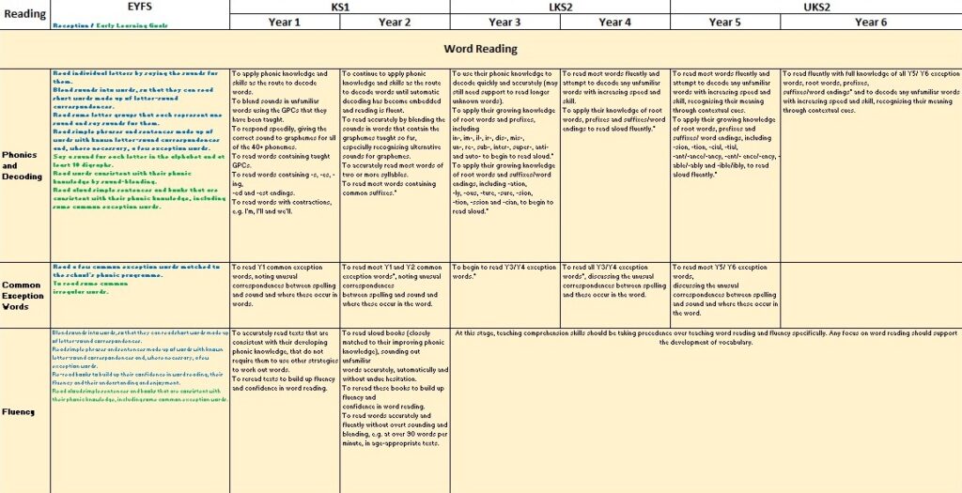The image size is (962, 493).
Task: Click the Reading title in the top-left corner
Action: click(24, 14)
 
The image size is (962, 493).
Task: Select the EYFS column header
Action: click(139, 7)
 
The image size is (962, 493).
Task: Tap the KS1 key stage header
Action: click(339, 7)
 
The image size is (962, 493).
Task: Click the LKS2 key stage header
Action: click(560, 7)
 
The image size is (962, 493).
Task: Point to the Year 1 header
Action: click(284, 22)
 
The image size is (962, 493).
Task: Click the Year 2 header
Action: click(395, 22)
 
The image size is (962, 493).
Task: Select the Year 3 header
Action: click(504, 22)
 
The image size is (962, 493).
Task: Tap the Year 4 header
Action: click(614, 22)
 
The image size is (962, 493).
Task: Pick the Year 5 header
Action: click(724, 22)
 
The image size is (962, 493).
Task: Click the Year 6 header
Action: click(870, 22)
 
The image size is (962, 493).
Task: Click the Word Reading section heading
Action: click(480, 48)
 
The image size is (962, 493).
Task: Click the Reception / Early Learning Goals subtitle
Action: click(111, 25)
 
